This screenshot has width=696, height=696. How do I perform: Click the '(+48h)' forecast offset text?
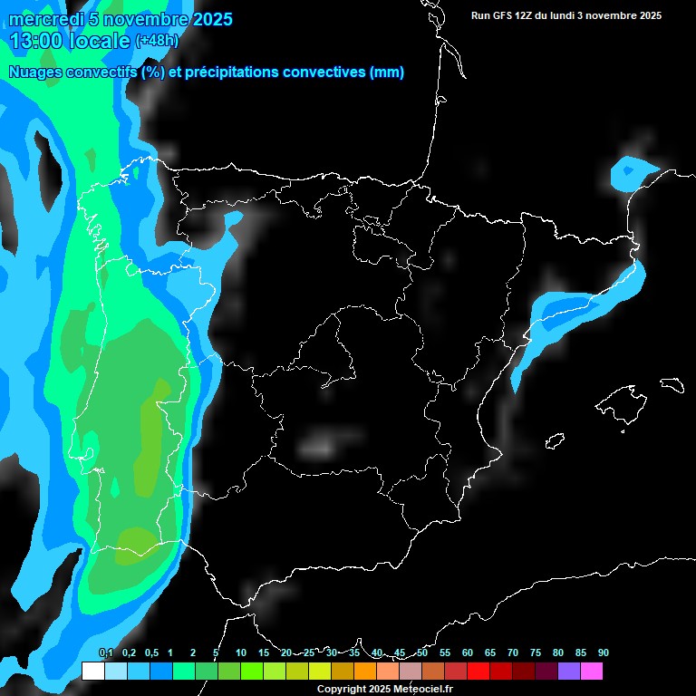(x=157, y=41)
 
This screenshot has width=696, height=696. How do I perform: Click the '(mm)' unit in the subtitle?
(x=387, y=72)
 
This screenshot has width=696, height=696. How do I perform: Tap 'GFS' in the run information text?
(x=504, y=15)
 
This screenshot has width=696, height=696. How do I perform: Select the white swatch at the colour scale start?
(x=92, y=672)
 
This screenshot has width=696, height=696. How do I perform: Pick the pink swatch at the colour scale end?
(x=591, y=672)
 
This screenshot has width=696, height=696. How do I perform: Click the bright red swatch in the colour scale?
(x=478, y=672)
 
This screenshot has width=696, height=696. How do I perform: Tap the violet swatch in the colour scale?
(x=568, y=672)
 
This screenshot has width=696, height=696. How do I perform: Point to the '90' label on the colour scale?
(x=603, y=653)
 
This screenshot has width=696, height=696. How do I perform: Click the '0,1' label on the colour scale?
(x=105, y=653)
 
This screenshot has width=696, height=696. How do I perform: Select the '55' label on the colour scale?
(x=445, y=653)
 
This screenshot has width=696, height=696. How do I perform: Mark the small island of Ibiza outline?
(x=555, y=440)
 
